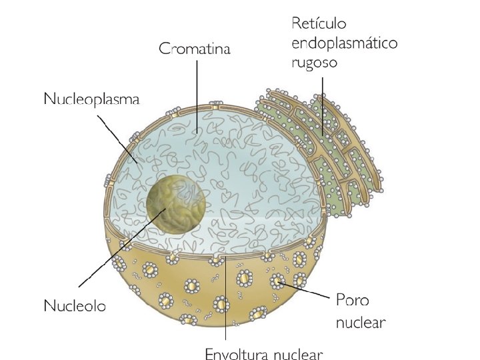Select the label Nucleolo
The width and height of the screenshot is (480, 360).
[x=75, y=307]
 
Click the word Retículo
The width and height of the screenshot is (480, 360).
[x=319, y=25]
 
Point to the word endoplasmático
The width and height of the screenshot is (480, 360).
[x=344, y=44]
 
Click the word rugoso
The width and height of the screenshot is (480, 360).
[x=315, y=64]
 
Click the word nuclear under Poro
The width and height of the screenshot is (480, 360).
[x=361, y=323]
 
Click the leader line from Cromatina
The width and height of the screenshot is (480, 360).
[x=196, y=93]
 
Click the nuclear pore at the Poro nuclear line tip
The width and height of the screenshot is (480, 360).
[x=277, y=282]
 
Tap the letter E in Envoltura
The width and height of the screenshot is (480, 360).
[x=208, y=353]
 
